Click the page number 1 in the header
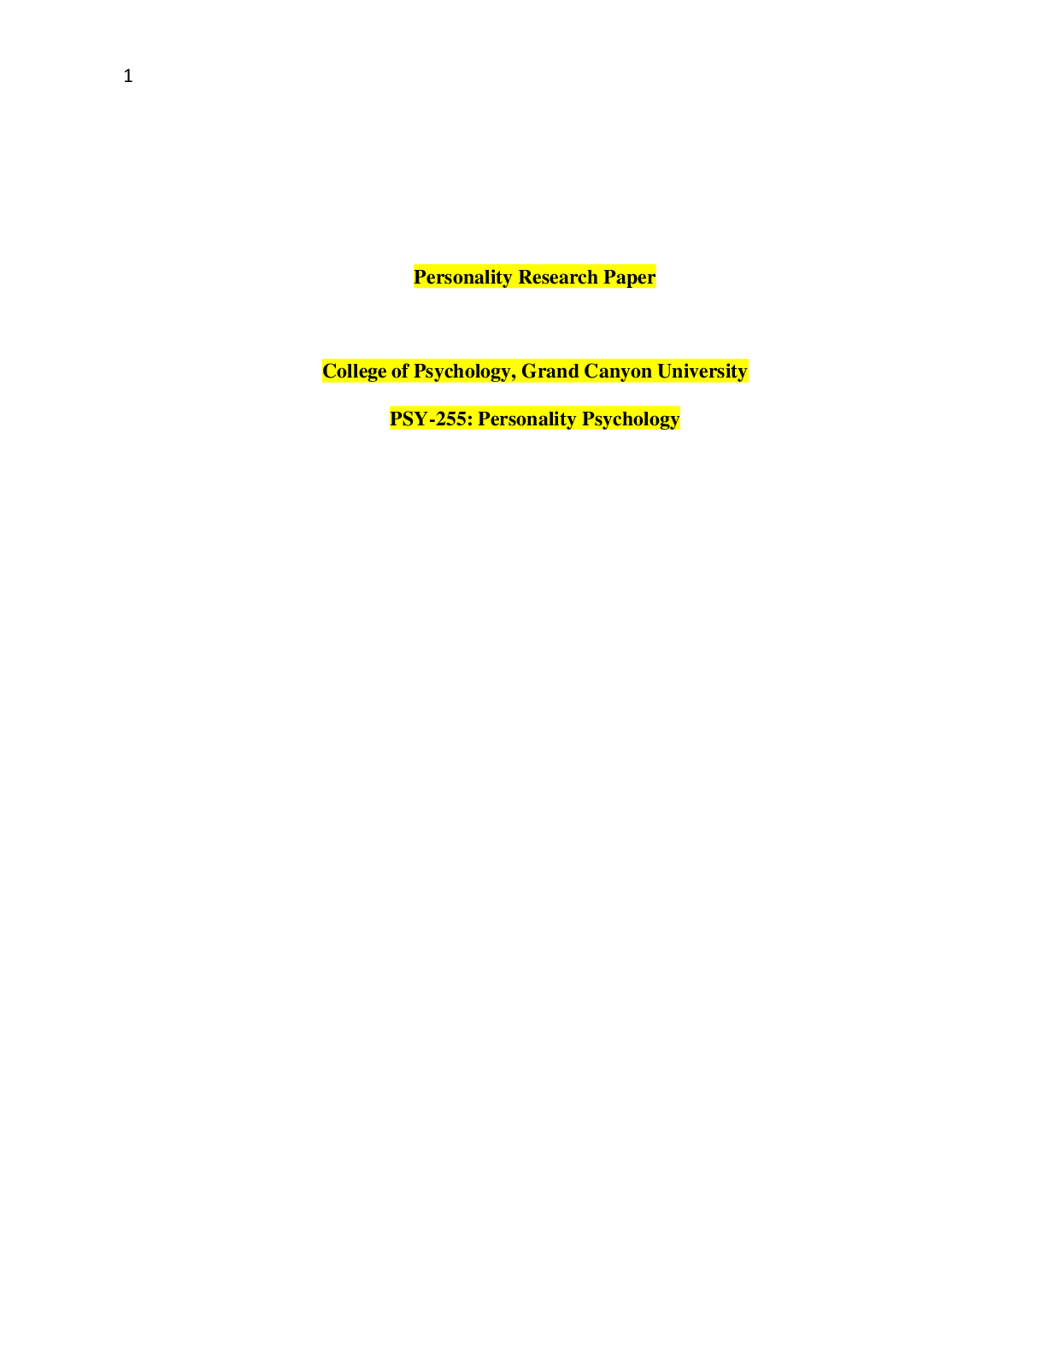point(128,77)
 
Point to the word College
point(355,372)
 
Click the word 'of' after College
point(400,371)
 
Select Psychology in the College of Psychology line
point(461,372)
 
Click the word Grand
point(549,371)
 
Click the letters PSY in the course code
point(408,419)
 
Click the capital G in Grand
point(529,371)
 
